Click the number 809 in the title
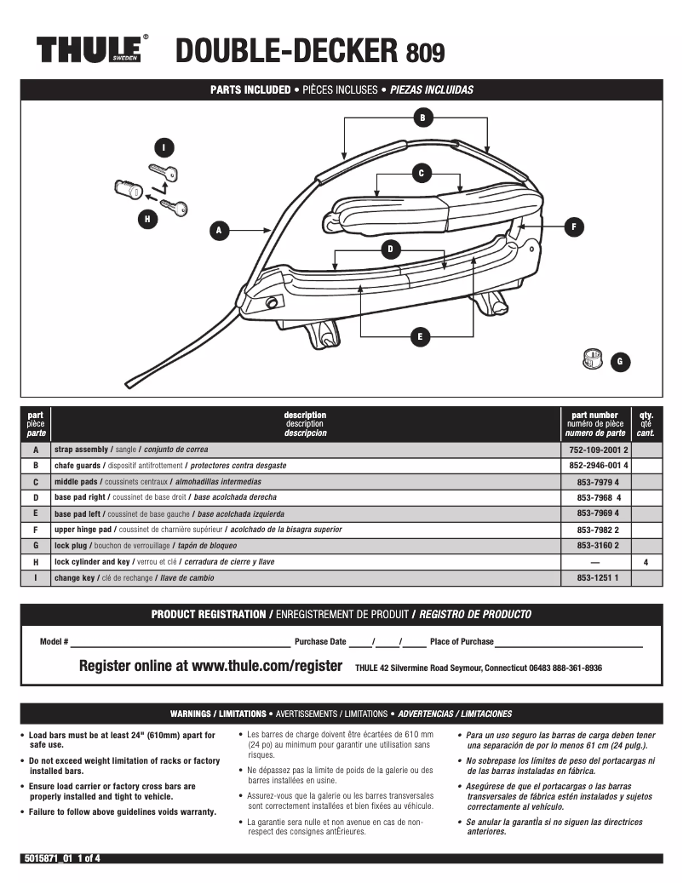(425, 54)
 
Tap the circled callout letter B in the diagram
(420, 117)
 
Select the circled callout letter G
(619, 361)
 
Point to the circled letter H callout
(147, 219)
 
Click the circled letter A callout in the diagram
(219, 229)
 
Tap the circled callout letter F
(574, 226)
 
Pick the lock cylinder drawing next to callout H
(128, 188)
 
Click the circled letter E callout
(418, 337)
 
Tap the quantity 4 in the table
(646, 562)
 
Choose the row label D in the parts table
(36, 497)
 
